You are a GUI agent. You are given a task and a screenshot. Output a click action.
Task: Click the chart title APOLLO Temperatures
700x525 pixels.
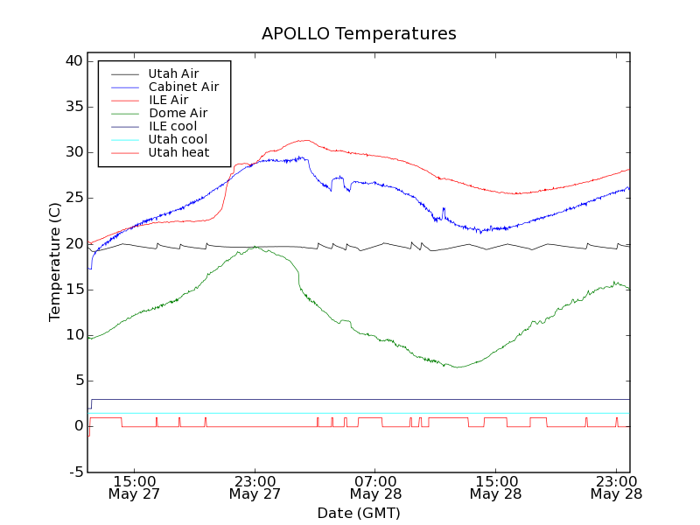tap(359, 34)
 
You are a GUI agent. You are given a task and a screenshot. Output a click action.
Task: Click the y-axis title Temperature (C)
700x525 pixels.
tap(55, 262)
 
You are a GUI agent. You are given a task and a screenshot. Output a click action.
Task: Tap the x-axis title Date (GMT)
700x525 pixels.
tap(359, 513)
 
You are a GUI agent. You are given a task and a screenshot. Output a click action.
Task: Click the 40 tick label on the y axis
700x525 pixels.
tap(73, 61)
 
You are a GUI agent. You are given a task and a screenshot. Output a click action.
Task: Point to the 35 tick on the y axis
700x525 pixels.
tap(73, 107)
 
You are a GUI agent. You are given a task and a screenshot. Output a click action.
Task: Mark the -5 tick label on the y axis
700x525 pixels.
tap(75, 472)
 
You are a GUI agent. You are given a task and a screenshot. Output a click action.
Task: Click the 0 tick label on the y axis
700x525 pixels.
tap(79, 426)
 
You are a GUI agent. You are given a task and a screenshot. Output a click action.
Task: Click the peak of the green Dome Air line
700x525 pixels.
tap(255, 247)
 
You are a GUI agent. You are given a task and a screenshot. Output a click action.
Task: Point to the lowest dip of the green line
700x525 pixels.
tap(458, 367)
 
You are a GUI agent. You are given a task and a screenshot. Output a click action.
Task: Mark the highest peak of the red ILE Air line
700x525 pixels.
tap(304, 140)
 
